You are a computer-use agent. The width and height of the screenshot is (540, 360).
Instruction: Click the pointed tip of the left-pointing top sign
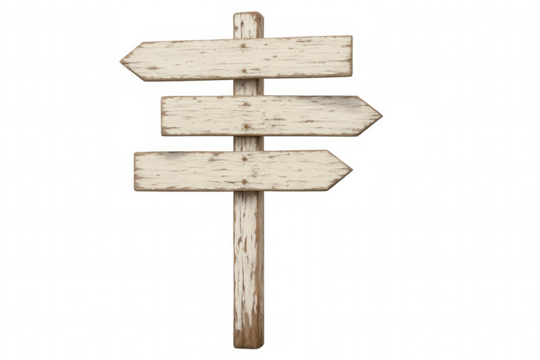click(x=121, y=60)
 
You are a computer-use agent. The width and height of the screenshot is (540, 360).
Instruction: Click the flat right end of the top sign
click(x=351, y=56)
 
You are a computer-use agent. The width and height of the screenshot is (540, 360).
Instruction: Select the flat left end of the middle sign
click(x=162, y=117)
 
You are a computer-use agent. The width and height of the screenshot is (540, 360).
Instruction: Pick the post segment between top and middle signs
click(x=246, y=87)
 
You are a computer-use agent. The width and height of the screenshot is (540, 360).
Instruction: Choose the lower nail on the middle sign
click(x=246, y=128)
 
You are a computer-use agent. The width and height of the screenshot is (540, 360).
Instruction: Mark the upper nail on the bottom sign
click(x=246, y=157)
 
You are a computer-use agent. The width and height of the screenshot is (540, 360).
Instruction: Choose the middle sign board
click(x=300, y=116)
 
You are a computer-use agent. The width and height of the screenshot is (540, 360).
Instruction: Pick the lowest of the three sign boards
click(x=190, y=170)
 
